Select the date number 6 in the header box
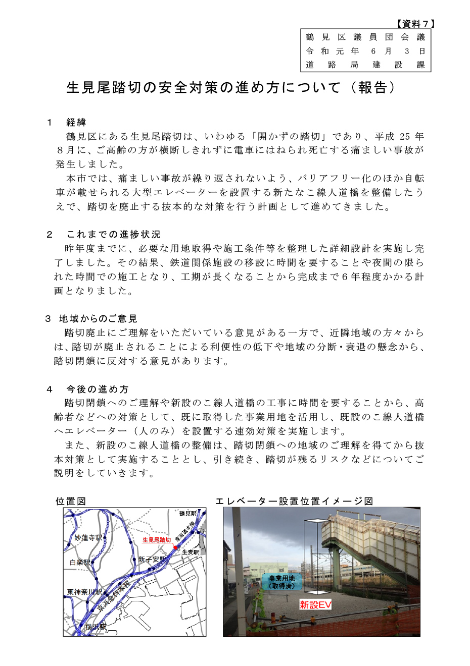[x=373, y=51]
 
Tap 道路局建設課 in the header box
[x=365, y=65]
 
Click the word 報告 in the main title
[x=373, y=88]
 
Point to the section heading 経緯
[x=76, y=123]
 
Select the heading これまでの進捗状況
[x=113, y=235]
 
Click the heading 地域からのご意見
[x=98, y=319]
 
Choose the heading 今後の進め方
[x=98, y=390]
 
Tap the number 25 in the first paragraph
[x=405, y=137]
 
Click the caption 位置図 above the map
[x=71, y=501]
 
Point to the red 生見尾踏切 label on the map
[x=156, y=540]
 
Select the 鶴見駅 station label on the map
[x=188, y=513]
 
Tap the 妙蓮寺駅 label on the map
[x=88, y=538]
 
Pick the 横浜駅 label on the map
[x=96, y=627]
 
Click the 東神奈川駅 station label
[x=84, y=592]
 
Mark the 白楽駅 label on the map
[x=80, y=562]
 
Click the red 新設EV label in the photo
[x=315, y=604]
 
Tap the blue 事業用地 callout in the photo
[x=281, y=582]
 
